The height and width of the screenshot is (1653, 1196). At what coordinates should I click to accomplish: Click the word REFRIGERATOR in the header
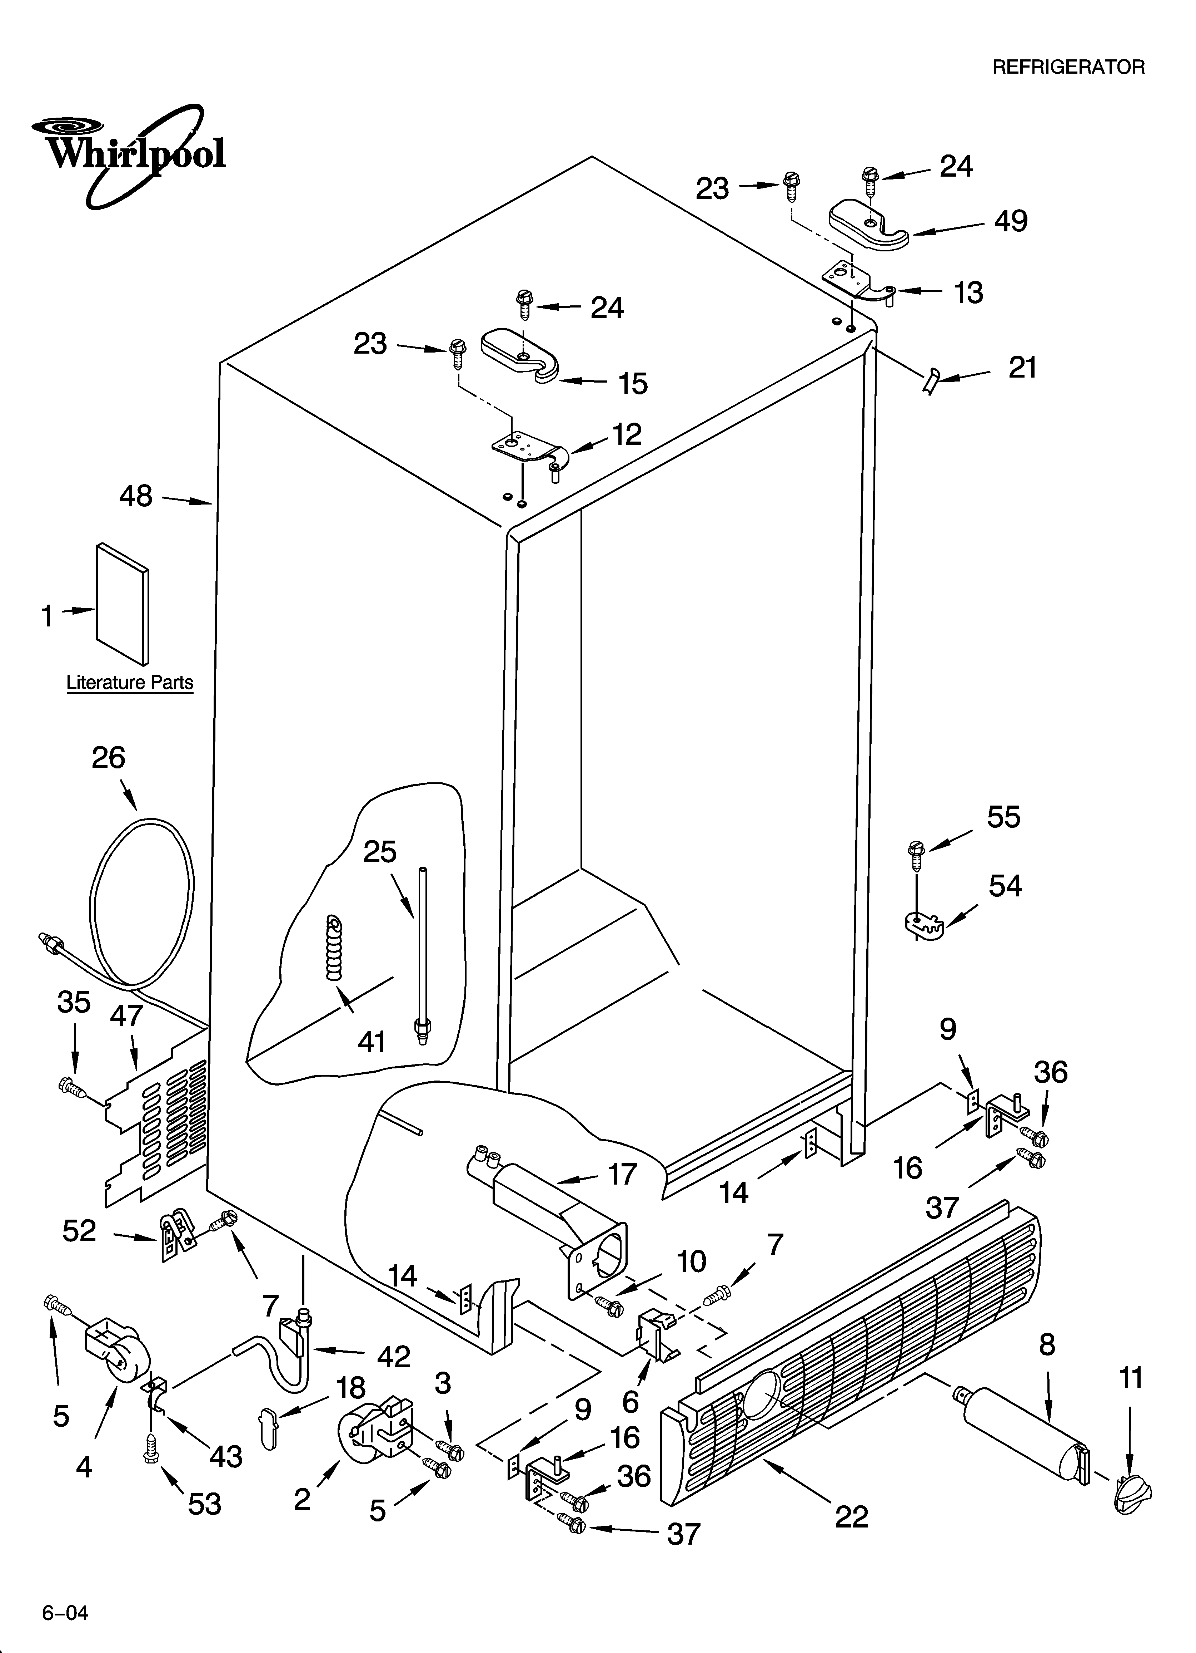(x=1068, y=67)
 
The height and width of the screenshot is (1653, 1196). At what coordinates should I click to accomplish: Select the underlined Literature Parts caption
(x=130, y=683)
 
